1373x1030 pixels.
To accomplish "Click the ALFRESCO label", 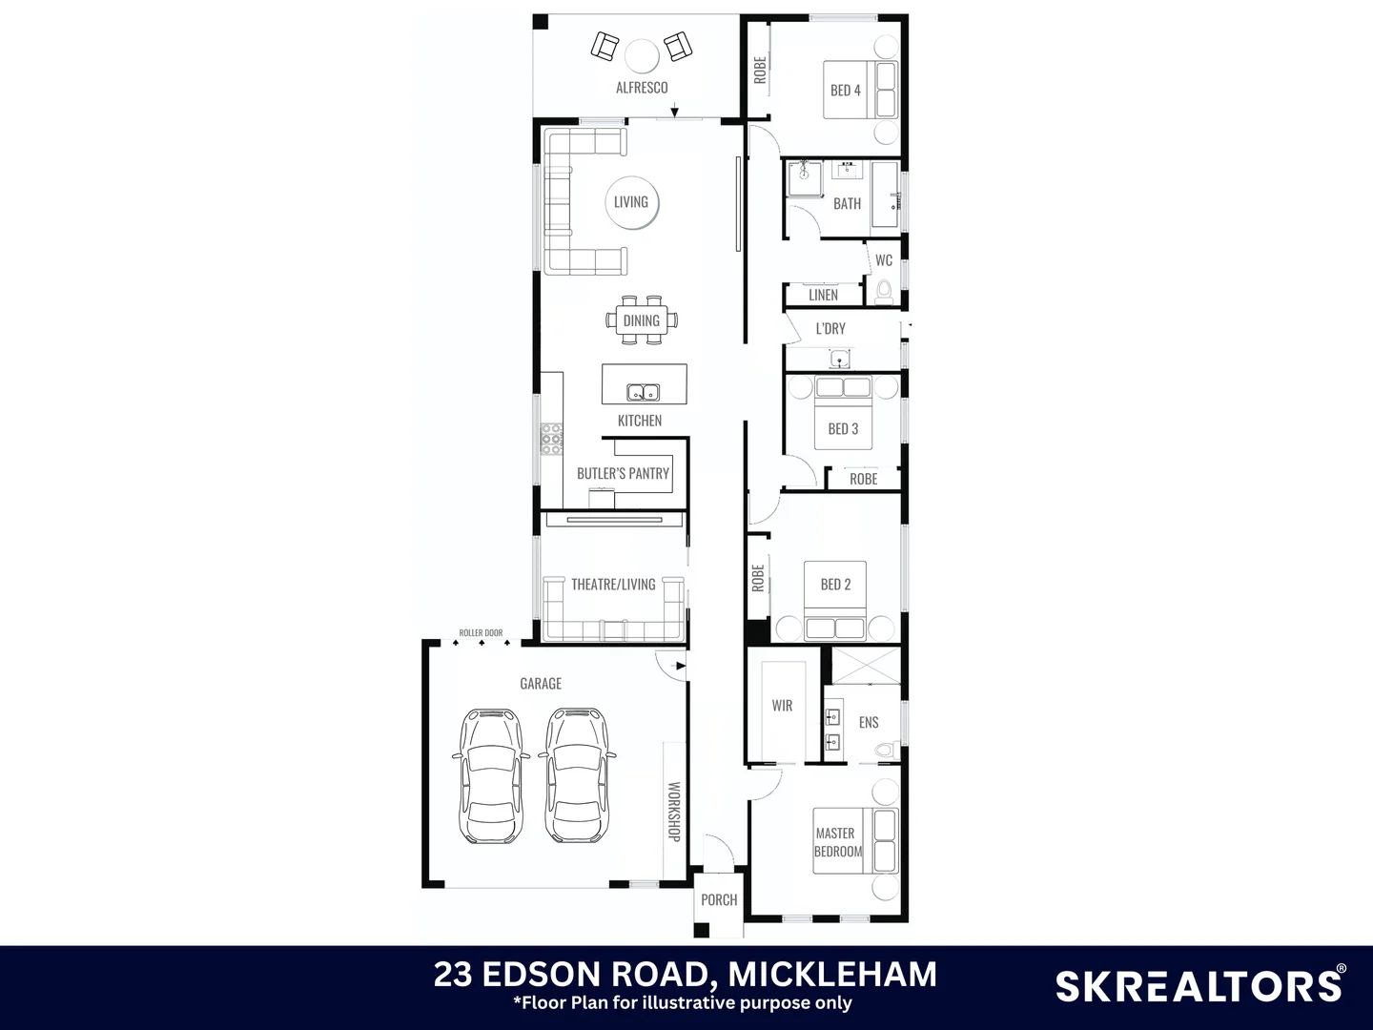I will coord(642,88).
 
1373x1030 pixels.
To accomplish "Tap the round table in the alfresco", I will coord(642,55).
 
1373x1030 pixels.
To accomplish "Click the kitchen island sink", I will coord(643,392).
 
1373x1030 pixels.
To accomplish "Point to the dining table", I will coord(642,320).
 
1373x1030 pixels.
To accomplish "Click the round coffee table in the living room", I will coord(631,202).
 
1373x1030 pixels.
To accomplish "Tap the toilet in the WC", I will coord(884,290).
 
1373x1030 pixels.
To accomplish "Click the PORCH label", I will coord(719,899).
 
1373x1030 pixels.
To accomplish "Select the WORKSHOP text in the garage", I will coord(674,811).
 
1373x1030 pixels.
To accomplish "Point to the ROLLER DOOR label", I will coord(481,632).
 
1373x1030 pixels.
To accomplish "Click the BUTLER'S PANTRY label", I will coord(623,473).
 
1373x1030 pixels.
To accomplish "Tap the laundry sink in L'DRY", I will coord(840,359).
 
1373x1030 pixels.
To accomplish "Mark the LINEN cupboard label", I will coord(823,296).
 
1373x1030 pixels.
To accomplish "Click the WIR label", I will coord(782,706).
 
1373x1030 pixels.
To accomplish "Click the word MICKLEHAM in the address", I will coord(832,974).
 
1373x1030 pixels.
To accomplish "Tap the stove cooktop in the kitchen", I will coord(551,439).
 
